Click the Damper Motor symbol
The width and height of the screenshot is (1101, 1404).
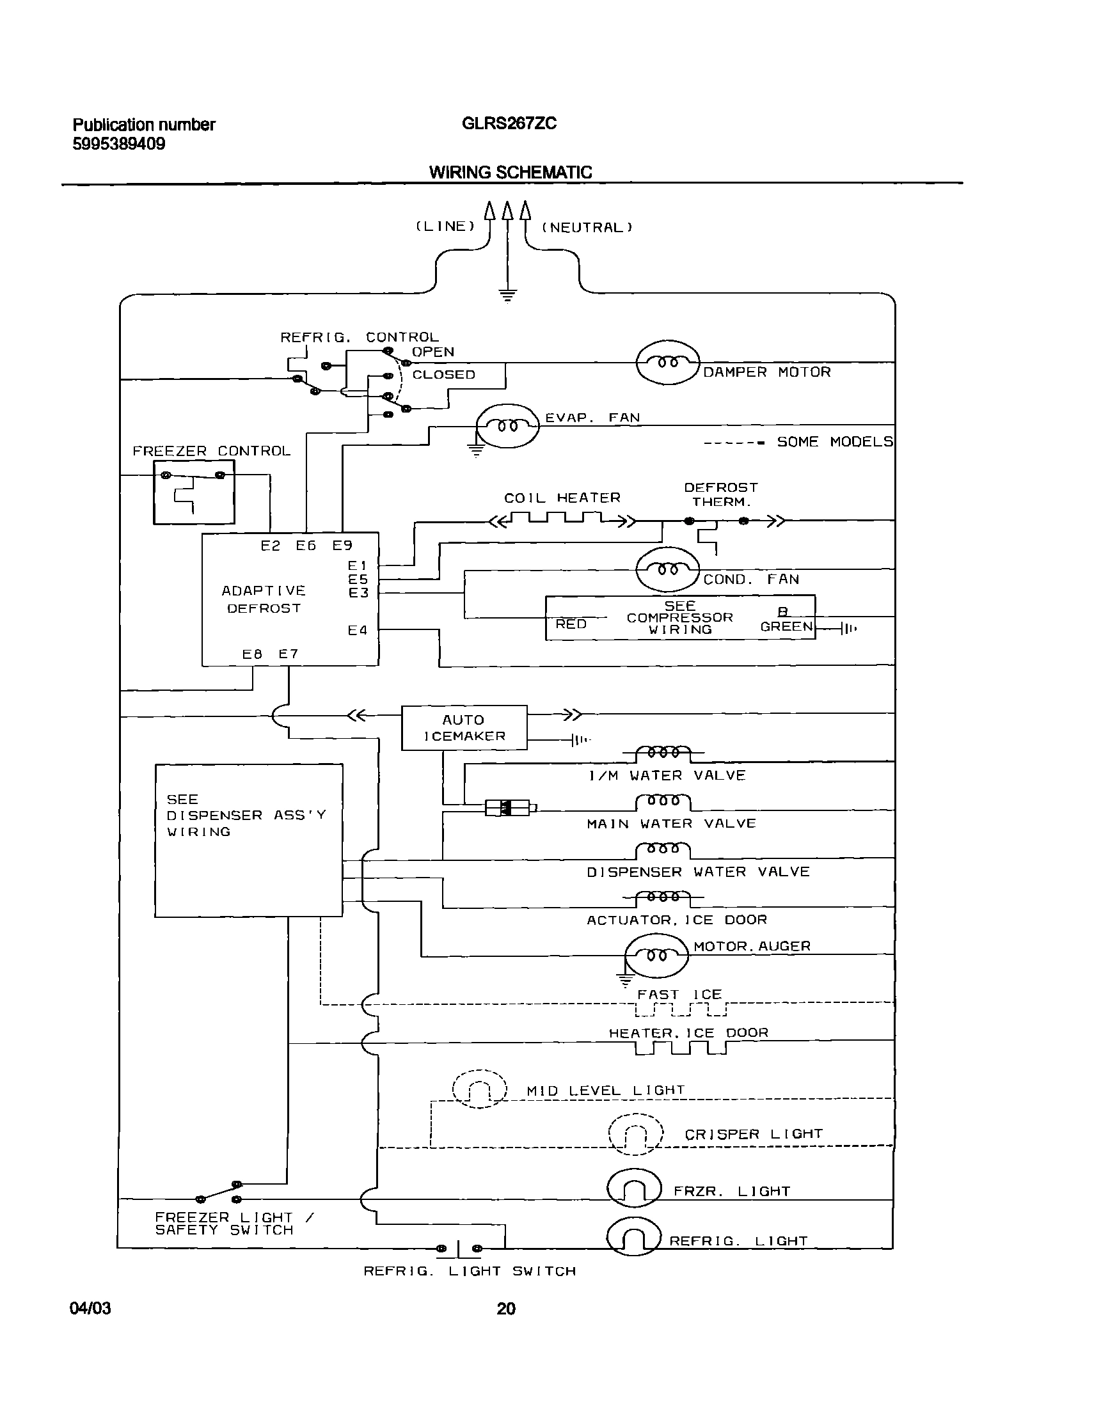tap(668, 363)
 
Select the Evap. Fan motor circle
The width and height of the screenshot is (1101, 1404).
tap(507, 425)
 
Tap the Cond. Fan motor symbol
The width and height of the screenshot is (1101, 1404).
tap(668, 569)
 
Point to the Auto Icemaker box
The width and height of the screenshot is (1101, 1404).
tap(464, 727)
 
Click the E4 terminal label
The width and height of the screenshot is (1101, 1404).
tap(358, 630)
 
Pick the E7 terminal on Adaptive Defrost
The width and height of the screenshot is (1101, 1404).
tap(288, 654)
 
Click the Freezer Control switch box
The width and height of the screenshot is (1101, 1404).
tap(193, 493)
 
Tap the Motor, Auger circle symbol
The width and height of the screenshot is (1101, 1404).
tap(656, 956)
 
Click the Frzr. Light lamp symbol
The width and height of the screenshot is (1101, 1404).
tap(634, 1188)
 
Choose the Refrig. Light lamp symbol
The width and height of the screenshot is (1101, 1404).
tap(634, 1236)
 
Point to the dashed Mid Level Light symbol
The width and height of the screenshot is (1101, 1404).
tap(480, 1089)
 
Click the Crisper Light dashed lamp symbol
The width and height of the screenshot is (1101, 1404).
tap(636, 1135)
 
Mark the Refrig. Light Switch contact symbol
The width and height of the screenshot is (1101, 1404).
tap(458, 1249)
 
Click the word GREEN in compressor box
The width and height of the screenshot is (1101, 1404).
tap(786, 626)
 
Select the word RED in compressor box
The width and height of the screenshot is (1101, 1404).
tap(571, 624)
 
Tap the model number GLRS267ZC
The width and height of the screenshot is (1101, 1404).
tap(509, 123)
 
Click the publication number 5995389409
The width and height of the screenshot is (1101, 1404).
tap(118, 144)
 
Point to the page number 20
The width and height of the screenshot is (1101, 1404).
tap(506, 1309)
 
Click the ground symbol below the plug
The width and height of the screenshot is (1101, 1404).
tap(507, 296)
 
